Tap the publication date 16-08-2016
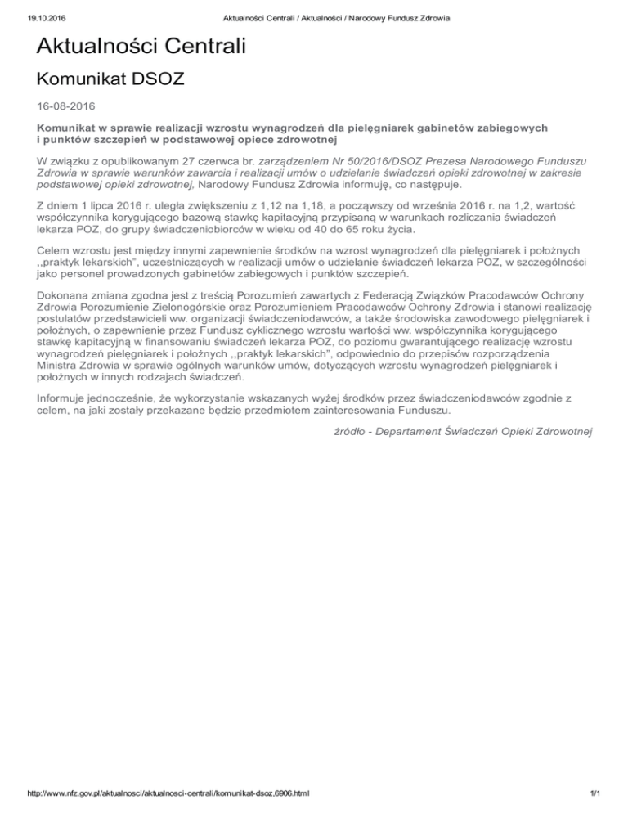65,107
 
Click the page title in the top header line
313,19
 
